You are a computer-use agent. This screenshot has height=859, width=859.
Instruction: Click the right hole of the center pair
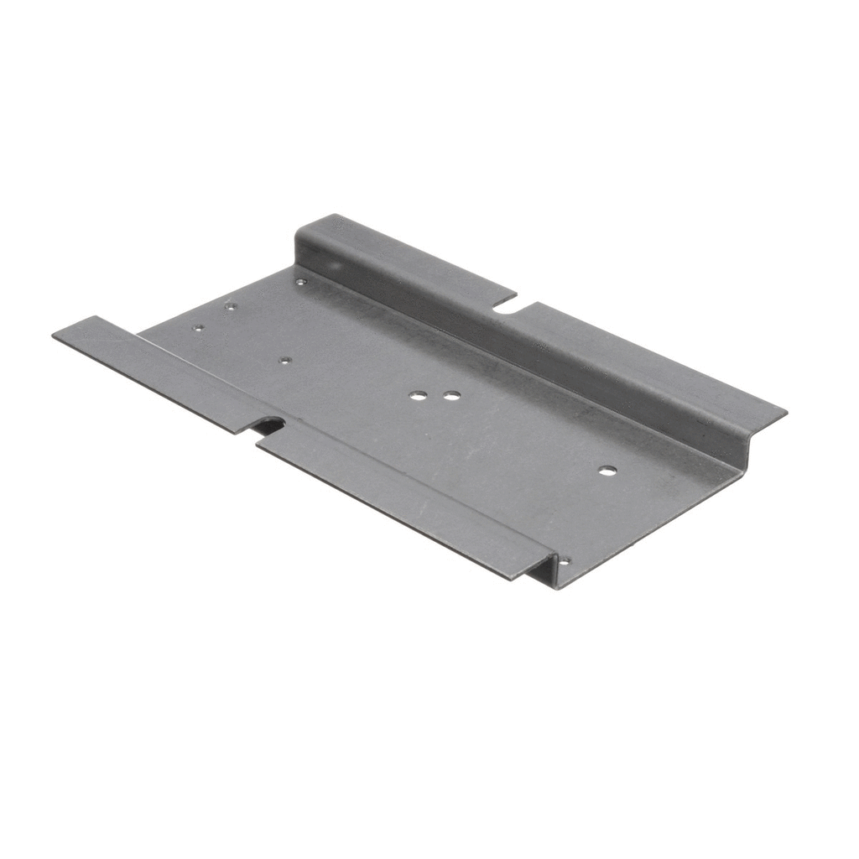click(x=452, y=395)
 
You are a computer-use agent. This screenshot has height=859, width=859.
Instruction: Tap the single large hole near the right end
click(x=607, y=471)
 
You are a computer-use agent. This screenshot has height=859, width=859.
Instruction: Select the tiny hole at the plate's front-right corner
click(x=564, y=560)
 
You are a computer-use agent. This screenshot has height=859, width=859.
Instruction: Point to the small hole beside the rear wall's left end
click(x=300, y=283)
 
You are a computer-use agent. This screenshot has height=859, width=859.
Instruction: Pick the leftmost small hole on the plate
click(x=198, y=328)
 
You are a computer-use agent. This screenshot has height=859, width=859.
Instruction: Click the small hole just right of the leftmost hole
click(x=229, y=307)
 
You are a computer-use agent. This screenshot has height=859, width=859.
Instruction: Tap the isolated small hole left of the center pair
click(x=285, y=361)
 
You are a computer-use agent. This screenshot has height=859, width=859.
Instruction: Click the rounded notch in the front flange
click(x=270, y=425)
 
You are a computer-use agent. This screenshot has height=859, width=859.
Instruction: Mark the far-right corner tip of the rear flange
click(x=785, y=411)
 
